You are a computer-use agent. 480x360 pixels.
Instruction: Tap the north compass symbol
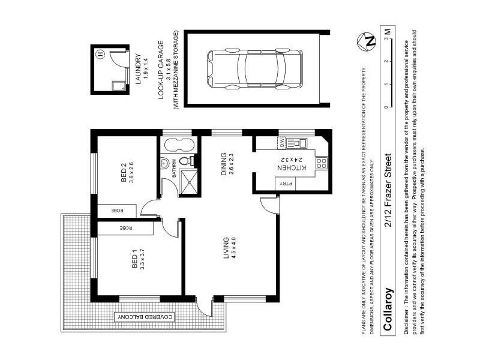tap(370, 41)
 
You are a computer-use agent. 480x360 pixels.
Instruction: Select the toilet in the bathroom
tap(193, 161)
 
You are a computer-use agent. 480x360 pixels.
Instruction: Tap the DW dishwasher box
tap(280, 143)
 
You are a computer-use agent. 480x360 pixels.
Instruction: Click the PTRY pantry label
tap(280, 185)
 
